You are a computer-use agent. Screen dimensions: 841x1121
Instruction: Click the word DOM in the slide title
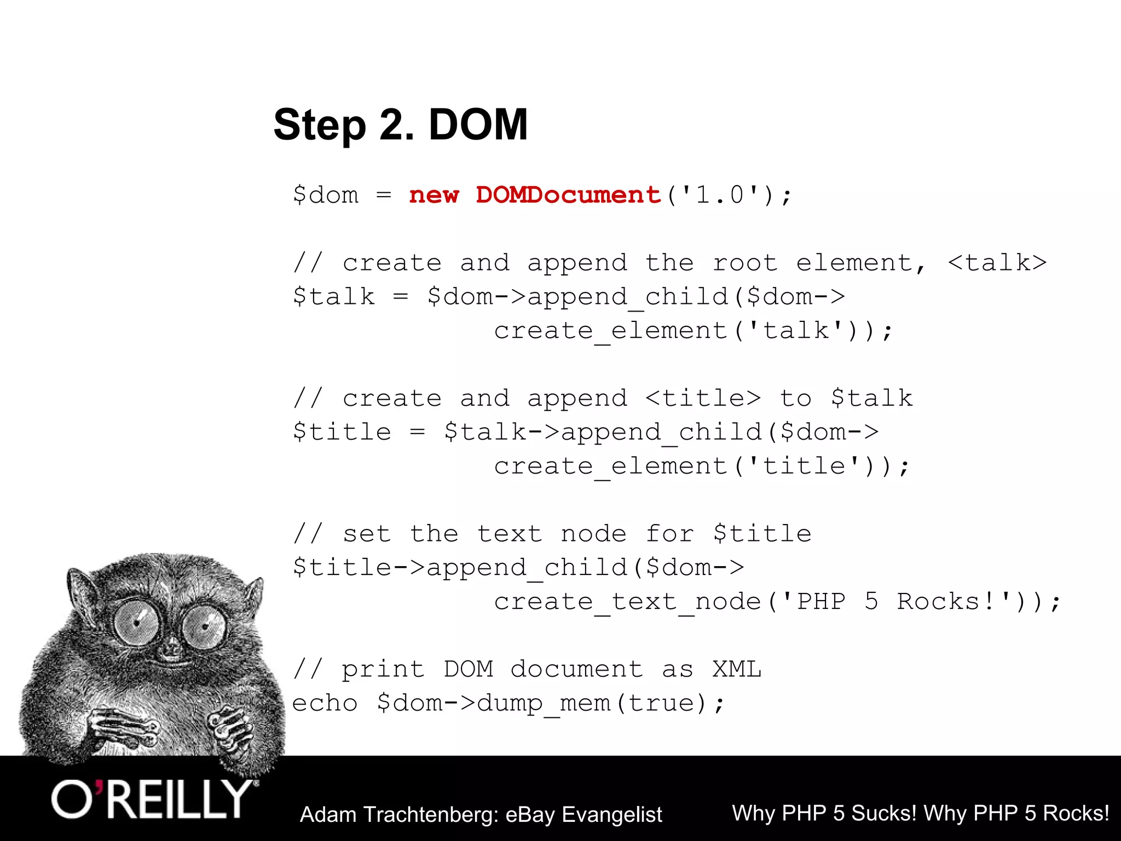[x=478, y=125]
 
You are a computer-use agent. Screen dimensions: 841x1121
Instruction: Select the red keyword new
[x=434, y=195]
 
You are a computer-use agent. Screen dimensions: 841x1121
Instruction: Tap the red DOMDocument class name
[x=568, y=195]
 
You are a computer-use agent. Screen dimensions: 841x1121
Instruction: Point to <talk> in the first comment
[x=997, y=263]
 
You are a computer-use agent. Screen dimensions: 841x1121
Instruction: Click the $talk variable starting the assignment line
[x=334, y=297]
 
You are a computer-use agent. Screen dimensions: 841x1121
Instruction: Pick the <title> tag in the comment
[x=703, y=398]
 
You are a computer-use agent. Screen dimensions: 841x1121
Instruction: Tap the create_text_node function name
[x=627, y=602]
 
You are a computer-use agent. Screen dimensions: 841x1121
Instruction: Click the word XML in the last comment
[x=737, y=669]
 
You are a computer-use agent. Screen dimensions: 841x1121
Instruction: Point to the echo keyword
[x=325, y=703]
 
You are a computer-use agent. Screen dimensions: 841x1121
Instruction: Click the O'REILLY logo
[x=153, y=799]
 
